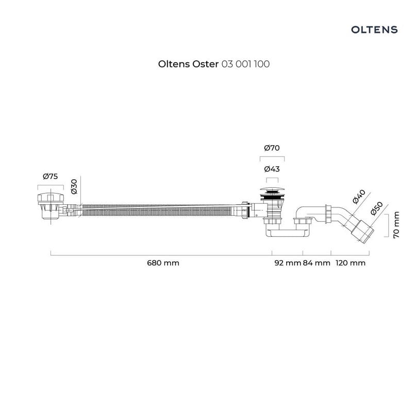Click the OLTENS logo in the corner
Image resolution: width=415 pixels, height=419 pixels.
374,29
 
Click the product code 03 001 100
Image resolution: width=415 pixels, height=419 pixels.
245,64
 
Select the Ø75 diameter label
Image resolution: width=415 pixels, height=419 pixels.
51,177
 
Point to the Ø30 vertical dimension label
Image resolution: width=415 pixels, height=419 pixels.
74,186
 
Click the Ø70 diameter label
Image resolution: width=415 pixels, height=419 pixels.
272,148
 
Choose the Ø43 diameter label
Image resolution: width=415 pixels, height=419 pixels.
272,169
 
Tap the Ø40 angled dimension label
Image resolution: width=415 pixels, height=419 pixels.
359,197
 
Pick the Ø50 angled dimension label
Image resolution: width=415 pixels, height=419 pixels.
377,208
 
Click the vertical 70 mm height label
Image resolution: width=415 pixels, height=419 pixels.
396,225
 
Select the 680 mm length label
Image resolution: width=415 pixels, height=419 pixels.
163,263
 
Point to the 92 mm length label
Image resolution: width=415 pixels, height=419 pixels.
288,263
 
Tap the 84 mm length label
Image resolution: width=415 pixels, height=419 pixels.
317,263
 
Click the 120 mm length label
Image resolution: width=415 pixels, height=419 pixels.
351,263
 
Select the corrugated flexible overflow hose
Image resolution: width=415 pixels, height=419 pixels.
157,211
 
